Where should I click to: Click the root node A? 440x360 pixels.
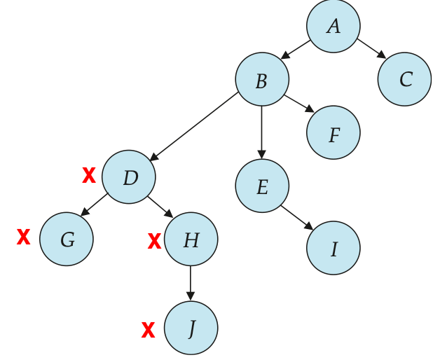pos(333,26)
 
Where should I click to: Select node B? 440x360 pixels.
pos(262,79)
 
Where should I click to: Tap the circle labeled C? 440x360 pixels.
pos(404,79)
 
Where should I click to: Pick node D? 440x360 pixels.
pos(128,177)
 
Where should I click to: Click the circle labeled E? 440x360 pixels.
pos(262,186)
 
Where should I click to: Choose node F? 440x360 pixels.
pos(333,132)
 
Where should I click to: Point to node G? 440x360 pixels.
pos(67,239)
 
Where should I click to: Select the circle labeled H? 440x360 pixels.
pos(191,239)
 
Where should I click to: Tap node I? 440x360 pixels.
pos(333,248)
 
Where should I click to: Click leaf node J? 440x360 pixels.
pos(191,328)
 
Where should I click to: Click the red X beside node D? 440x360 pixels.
pos(89,175)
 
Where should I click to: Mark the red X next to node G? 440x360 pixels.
pos(23,237)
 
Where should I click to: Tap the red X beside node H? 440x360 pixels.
pos(154,241)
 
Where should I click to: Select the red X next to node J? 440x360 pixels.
pos(148,330)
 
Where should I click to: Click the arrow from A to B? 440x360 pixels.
pos(296,50)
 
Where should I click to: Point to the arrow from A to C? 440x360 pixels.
pos(371,49)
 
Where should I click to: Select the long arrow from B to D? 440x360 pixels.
pos(194,127)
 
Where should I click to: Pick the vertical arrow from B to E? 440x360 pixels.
pos(262,132)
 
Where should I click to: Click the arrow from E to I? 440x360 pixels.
pos(297,217)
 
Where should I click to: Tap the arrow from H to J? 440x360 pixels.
pos(191,284)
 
